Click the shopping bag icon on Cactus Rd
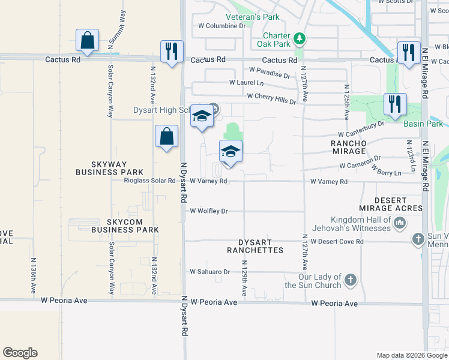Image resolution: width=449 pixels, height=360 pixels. point(88,40)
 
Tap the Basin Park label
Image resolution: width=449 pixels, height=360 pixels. point(423,124)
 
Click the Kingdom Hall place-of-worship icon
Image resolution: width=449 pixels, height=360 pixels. point(400,224)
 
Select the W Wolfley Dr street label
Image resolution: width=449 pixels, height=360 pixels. point(209,211)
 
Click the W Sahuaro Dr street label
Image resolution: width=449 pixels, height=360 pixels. point(210,272)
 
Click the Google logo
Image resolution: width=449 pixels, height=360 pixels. point(20,353)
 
